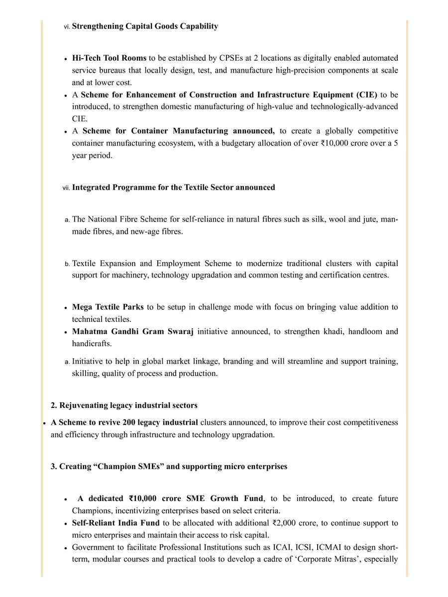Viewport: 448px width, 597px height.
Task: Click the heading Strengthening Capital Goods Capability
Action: click(x=145, y=26)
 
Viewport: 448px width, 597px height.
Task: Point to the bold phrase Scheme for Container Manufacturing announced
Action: click(x=178, y=131)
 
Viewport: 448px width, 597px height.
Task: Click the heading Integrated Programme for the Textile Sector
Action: click(x=173, y=188)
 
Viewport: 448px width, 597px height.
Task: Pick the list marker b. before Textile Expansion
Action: click(x=67, y=264)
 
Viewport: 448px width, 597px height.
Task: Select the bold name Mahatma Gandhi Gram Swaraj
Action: click(x=132, y=332)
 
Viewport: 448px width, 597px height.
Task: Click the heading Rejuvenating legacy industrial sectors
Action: click(x=124, y=405)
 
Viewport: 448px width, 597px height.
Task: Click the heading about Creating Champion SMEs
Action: click(x=169, y=467)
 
